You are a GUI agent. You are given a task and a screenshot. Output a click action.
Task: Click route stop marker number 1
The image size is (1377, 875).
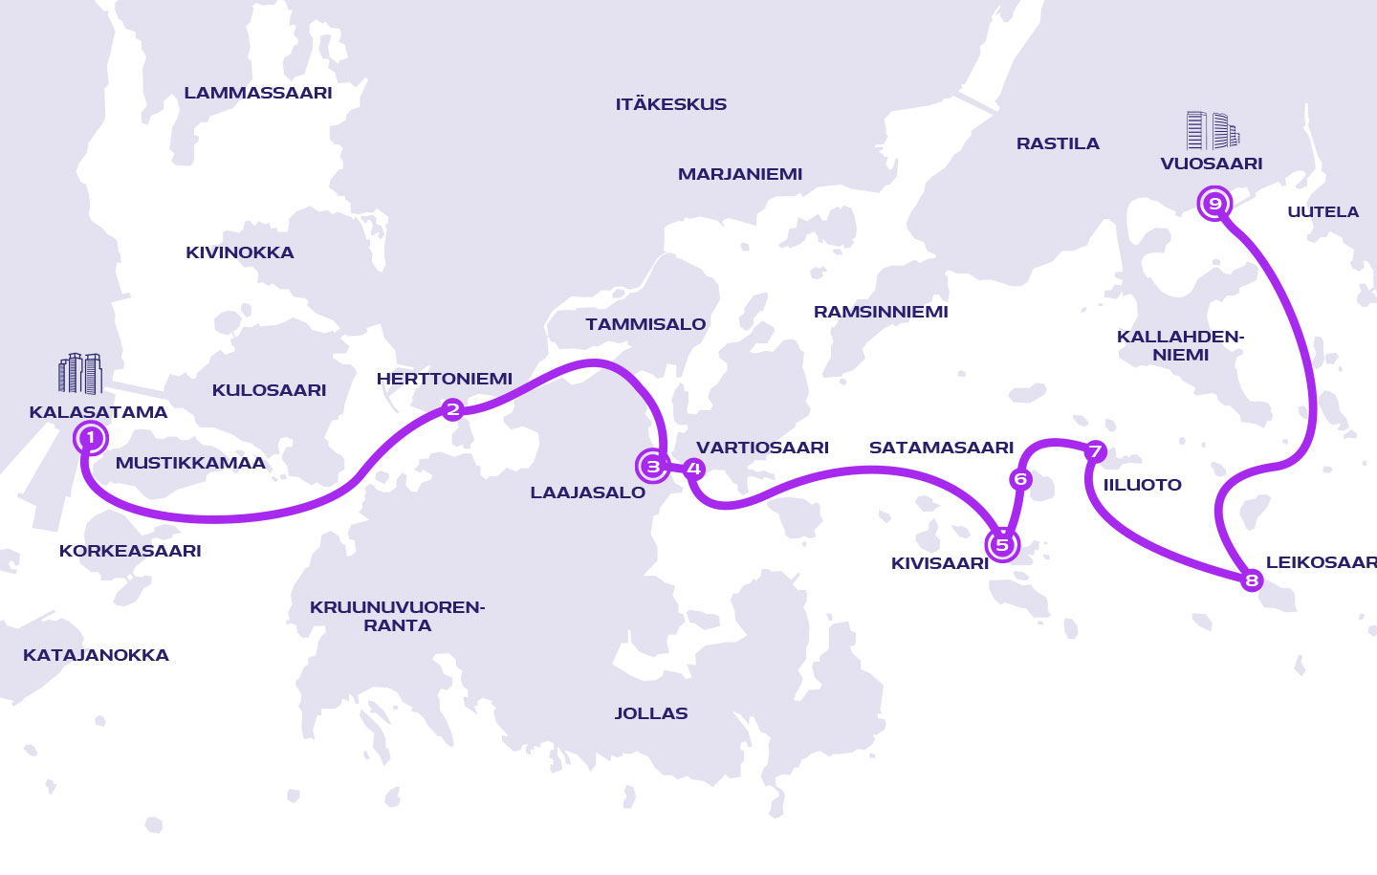90,438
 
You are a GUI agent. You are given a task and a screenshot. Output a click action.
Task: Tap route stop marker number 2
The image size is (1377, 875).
452,410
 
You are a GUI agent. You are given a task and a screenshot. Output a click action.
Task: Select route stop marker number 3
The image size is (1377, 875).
653,467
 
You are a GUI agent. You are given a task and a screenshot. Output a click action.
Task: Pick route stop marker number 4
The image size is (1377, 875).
694,469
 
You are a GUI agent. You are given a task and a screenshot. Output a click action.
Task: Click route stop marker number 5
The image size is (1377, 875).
1002,545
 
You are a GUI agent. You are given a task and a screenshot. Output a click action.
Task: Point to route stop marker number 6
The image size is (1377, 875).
1020,479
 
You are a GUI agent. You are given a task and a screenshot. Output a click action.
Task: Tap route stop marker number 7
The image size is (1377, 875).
1095,451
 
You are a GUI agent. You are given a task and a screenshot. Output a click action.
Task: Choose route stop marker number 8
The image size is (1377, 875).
1251,580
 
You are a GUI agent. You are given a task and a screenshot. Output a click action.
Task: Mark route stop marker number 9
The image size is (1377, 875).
1214,203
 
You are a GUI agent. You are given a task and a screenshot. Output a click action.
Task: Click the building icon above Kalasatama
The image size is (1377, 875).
80,374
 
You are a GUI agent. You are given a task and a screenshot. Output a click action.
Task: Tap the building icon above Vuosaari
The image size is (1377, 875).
1213,131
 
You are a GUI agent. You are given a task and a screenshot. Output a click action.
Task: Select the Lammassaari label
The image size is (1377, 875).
258,93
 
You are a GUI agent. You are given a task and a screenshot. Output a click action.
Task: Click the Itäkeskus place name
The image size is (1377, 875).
671,104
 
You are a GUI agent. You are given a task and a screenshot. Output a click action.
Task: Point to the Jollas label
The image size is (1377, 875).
651,713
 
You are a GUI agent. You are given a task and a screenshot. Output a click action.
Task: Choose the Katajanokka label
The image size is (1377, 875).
96,655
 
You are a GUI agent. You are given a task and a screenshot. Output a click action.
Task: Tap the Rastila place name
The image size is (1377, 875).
1058,143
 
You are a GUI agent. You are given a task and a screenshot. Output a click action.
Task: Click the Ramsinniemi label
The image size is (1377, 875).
881,312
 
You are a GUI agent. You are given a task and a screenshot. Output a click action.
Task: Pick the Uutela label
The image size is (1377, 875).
1322,211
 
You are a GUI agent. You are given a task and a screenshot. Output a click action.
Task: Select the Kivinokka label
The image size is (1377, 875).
240,252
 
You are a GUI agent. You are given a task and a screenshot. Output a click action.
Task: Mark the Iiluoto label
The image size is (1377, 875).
1143,485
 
